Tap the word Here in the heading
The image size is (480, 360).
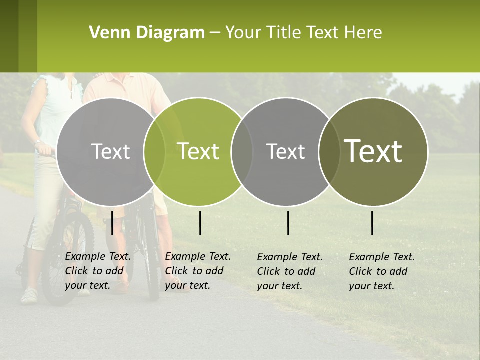click(363, 33)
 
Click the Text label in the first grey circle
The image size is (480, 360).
click(110, 151)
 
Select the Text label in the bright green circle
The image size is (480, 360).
click(198, 151)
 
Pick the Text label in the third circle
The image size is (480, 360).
click(285, 151)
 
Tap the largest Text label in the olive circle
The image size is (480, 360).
click(373, 151)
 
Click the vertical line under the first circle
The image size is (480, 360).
click(112, 223)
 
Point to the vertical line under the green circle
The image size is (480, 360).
click(200, 223)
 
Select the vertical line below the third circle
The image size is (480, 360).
click(288, 223)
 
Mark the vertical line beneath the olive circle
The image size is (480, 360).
click(372, 223)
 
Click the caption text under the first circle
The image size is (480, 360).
click(98, 271)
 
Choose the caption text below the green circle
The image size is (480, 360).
click(198, 271)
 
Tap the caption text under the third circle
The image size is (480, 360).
click(290, 271)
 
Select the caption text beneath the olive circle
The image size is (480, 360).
click(382, 271)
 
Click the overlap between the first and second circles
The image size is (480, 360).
click(154, 151)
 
